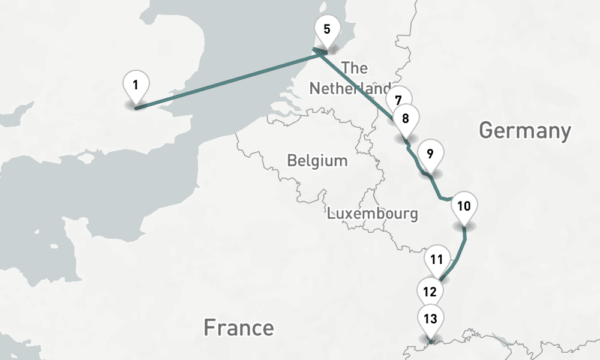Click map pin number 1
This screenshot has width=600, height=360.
point(136,85)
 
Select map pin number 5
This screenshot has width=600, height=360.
point(327,29)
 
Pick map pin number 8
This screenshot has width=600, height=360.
point(406,118)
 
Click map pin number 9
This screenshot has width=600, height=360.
point(430,154)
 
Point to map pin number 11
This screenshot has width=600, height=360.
point(437,260)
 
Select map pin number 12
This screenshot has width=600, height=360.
point(430,292)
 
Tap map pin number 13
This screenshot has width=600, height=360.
point(430,319)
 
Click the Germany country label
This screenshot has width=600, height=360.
point(525,130)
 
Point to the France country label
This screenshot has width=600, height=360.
point(238,328)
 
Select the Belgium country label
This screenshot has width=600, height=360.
point(317,161)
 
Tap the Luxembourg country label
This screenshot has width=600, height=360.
point(372,213)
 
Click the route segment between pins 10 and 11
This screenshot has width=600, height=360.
point(459,258)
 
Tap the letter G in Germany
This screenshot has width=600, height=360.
point(487,130)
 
